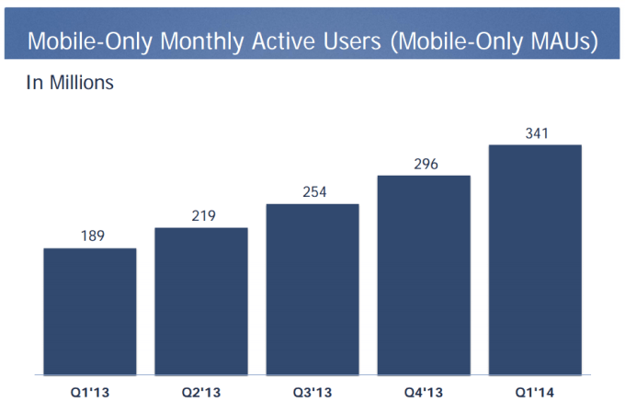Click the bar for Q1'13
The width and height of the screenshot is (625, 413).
(x=89, y=312)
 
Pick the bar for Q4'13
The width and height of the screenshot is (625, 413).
(x=424, y=275)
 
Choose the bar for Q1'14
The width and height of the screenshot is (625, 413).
(x=535, y=259)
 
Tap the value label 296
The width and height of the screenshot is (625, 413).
(x=424, y=164)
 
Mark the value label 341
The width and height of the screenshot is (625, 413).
(x=536, y=133)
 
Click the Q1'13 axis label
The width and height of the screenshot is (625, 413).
(x=89, y=394)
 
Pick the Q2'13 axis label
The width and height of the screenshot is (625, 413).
(x=200, y=394)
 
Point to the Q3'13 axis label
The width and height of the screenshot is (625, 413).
(x=312, y=394)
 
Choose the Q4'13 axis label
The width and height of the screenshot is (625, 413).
(x=424, y=394)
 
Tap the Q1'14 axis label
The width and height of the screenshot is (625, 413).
(x=535, y=394)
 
